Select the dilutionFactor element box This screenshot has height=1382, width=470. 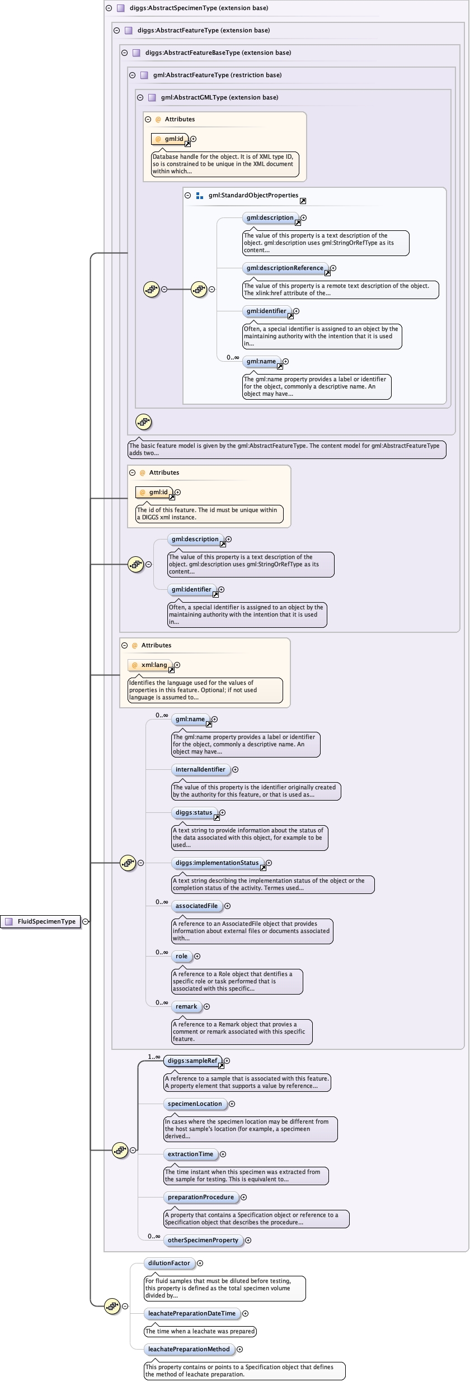[169, 1263]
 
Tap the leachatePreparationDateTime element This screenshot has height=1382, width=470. [191, 1313]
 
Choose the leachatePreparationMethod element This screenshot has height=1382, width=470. [189, 1349]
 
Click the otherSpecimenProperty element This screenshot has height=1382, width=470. [203, 1240]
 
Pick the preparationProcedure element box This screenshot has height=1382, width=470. [200, 1197]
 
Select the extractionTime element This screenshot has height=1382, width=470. [190, 1154]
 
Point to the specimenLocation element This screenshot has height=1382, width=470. [195, 1104]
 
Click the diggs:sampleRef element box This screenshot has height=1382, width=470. [192, 1061]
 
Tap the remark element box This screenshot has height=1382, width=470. [186, 1006]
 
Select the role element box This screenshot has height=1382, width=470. [181, 956]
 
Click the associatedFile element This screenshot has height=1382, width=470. [196, 906]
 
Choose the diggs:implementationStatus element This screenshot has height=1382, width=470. [217, 863]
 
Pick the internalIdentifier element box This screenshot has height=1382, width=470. [200, 769]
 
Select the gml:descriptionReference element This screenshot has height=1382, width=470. [285, 268]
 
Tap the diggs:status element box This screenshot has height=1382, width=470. [194, 812]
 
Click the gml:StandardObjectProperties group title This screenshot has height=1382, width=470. [253, 195]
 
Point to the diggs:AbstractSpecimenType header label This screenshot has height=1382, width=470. [199, 8]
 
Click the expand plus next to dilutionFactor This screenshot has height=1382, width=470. [200, 1263]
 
